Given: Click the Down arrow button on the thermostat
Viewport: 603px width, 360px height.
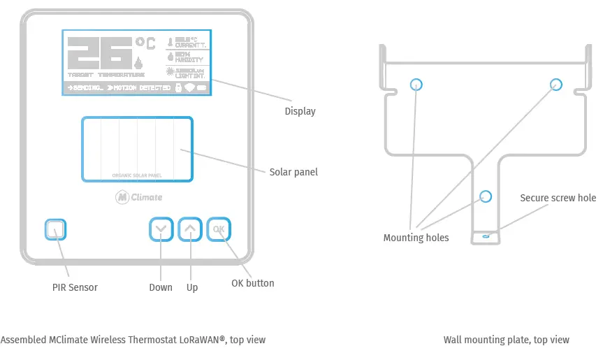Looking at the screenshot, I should click(161, 229).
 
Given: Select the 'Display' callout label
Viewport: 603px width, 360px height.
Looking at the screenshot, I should click(300, 111).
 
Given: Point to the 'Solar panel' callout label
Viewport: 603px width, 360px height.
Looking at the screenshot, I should click(293, 172).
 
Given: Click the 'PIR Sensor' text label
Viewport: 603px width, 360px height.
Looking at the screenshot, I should click(75, 287).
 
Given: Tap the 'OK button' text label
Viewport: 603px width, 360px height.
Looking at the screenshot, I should click(252, 283).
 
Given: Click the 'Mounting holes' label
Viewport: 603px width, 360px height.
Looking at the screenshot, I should click(416, 238).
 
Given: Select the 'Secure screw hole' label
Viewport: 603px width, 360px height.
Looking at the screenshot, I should click(558, 198).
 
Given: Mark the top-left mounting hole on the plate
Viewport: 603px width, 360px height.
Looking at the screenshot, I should click(416, 84).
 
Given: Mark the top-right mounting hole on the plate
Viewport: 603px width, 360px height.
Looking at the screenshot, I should click(555, 84).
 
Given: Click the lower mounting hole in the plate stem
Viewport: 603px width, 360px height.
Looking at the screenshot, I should click(486, 196).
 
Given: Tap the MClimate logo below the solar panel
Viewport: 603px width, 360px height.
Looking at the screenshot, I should click(138, 197).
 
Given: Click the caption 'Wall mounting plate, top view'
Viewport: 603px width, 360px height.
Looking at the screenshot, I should click(506, 340).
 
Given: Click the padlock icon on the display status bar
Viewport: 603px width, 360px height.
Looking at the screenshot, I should click(178, 88).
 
